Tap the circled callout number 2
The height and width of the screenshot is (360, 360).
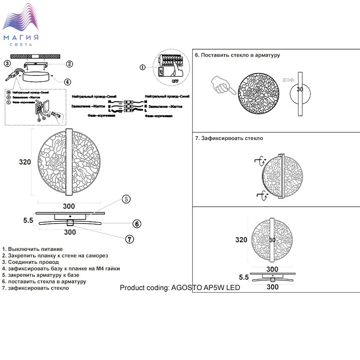pyautogui.click(x=69, y=64)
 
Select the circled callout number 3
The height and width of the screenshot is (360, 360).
pyautogui.click(x=7, y=64)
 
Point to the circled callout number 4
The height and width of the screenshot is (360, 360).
pyautogui.click(x=67, y=81)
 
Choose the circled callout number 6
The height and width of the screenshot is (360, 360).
pyautogui.click(x=137, y=224)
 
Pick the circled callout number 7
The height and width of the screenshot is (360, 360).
pyautogui.click(x=130, y=239)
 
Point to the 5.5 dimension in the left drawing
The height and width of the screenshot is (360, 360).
pyautogui.click(x=28, y=221)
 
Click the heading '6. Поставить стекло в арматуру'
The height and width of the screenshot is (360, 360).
pyautogui.click(x=237, y=55)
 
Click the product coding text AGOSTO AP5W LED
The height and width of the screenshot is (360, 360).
pyautogui.click(x=180, y=288)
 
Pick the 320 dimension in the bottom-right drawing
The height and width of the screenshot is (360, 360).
pyautogui.click(x=241, y=240)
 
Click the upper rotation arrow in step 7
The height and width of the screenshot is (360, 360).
pyautogui.click(x=257, y=163)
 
